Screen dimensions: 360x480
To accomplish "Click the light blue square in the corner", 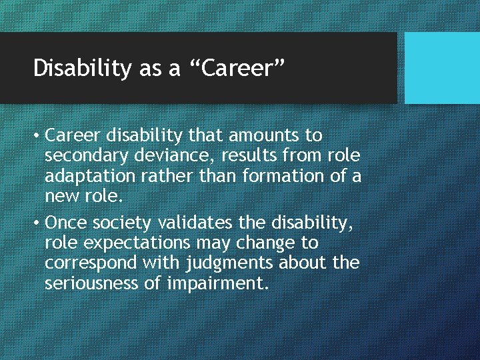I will [x=442, y=67].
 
